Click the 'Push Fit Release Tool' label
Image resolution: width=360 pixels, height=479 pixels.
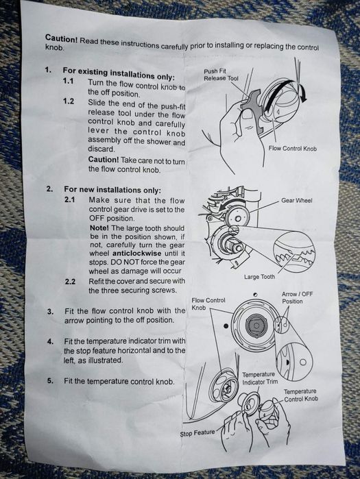tap(221, 75)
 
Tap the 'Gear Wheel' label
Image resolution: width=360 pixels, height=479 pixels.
tap(296, 201)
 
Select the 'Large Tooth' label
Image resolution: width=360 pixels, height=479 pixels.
tap(259, 277)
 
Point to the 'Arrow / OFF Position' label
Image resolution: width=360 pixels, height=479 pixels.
tap(297, 297)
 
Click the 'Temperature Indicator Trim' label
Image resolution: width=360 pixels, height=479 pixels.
tap(260, 378)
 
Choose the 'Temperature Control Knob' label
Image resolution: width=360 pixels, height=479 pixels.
tap(301, 395)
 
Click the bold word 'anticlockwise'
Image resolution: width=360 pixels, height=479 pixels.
tap(137, 254)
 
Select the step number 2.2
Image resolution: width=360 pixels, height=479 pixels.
tap(70, 282)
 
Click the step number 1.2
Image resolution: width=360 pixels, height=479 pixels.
tap(69, 101)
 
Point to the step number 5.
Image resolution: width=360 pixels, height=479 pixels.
tap(50, 381)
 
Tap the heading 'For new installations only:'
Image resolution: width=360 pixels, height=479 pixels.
tap(112, 190)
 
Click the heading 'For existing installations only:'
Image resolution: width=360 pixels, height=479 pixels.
tap(119, 73)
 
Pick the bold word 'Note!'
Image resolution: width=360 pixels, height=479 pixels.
tap(99, 228)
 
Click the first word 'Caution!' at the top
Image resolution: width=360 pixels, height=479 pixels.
tap(62, 38)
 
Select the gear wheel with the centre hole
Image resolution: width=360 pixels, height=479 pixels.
tap(237, 218)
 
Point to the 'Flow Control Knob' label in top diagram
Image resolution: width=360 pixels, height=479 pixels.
tap(293, 149)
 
